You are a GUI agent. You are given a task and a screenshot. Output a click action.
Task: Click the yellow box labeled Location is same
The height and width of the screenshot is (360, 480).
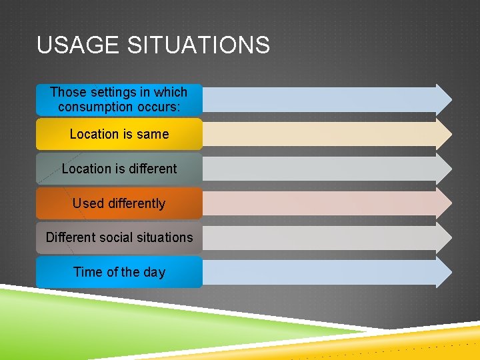pyautogui.click(x=119, y=134)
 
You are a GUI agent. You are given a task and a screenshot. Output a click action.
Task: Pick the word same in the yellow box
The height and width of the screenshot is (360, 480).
pyautogui.click(x=153, y=134)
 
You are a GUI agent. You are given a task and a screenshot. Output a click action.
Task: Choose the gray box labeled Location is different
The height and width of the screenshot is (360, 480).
pyautogui.click(x=119, y=169)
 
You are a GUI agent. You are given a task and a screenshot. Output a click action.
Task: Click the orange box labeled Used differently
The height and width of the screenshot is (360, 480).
pyautogui.click(x=119, y=203)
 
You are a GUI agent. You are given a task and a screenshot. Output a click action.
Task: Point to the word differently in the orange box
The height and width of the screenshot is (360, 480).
pyautogui.click(x=136, y=203)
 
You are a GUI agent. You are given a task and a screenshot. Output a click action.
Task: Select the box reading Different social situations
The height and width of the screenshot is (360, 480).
pyautogui.click(x=119, y=237)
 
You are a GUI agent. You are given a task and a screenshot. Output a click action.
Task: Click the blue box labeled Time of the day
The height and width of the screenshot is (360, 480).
pyautogui.click(x=119, y=272)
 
